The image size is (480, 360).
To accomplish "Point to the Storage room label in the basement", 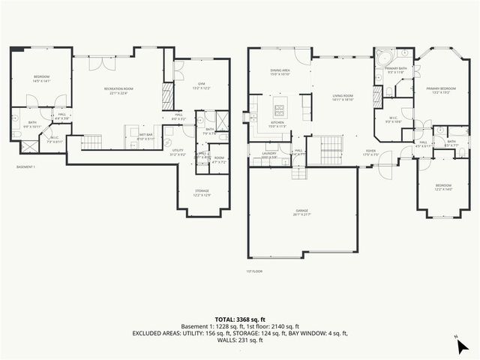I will pos(202,192).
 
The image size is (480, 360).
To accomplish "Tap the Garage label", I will pos(304,214).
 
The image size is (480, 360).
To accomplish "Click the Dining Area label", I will pos(280,72).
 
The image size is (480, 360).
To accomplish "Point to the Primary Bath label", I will pos(395,70).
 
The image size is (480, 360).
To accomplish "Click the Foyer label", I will pos(370,151).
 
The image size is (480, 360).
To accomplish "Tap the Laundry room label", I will pos(270,154).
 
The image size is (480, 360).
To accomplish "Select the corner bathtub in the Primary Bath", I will pos(385,56).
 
